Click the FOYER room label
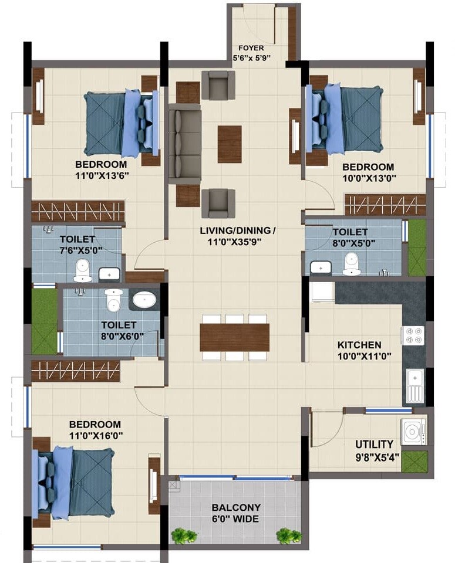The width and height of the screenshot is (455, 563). point(251,48)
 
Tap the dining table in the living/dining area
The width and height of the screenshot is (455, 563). point(234,337)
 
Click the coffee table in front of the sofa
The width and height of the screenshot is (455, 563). point(230,144)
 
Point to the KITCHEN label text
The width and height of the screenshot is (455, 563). point(359,345)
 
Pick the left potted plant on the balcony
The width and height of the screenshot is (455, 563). point(183,535)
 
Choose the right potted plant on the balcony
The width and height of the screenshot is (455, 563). point(287,535)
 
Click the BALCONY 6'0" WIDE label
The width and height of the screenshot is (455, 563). point(236,513)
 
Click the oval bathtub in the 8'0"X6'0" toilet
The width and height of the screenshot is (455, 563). point(144,300)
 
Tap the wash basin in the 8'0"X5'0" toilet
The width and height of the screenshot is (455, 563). point(320,268)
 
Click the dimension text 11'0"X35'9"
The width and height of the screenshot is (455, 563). point(238,240)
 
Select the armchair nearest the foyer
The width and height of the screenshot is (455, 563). point(218,84)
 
